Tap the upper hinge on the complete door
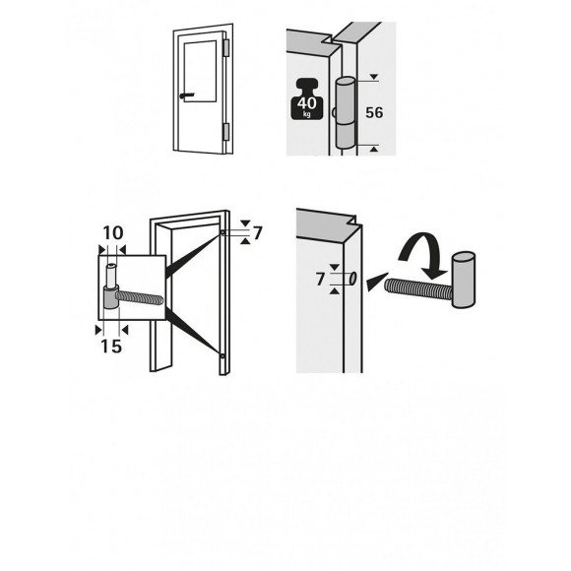pyautogui.click(x=226, y=47)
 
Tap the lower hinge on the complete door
pyautogui.click(x=226, y=130)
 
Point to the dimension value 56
pyautogui.click(x=374, y=113)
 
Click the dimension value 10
pyautogui.click(x=112, y=232)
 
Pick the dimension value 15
pyautogui.click(x=111, y=347)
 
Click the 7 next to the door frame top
pyautogui.click(x=257, y=232)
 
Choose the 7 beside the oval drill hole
pyautogui.click(x=320, y=280)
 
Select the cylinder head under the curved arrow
pyautogui.click(x=463, y=281)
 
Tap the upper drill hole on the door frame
pyautogui.click(x=224, y=233)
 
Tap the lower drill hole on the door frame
pyautogui.click(x=224, y=355)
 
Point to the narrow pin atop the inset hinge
pyautogui.click(x=112, y=270)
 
